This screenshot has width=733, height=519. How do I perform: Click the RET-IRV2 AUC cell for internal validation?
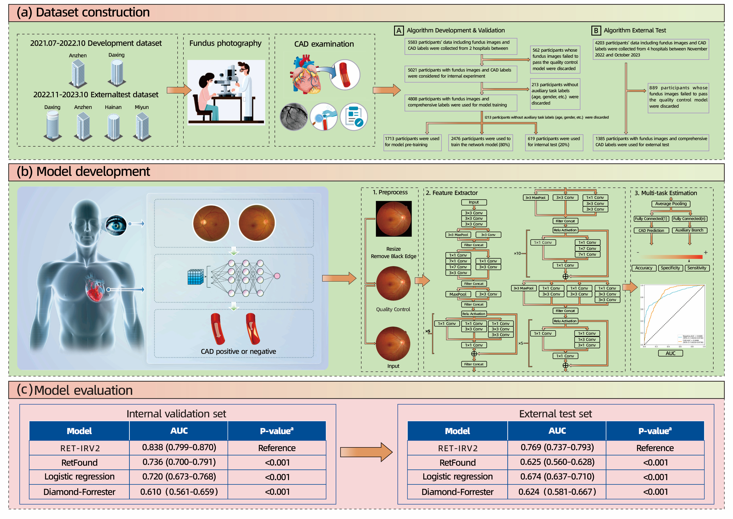179,447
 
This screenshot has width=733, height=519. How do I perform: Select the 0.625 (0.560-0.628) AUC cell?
557,462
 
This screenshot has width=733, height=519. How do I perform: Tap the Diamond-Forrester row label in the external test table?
457,492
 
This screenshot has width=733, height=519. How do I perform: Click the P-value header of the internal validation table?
276,431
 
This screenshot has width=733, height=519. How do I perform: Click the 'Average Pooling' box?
671,204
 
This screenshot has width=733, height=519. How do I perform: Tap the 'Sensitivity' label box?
697,268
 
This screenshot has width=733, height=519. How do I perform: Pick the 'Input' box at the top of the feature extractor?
474,202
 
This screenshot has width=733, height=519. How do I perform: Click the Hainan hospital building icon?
113,127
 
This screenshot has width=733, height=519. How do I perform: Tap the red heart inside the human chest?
95,288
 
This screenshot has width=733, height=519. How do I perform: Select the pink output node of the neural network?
277,276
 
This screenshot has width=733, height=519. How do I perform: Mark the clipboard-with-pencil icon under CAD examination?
354,117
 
